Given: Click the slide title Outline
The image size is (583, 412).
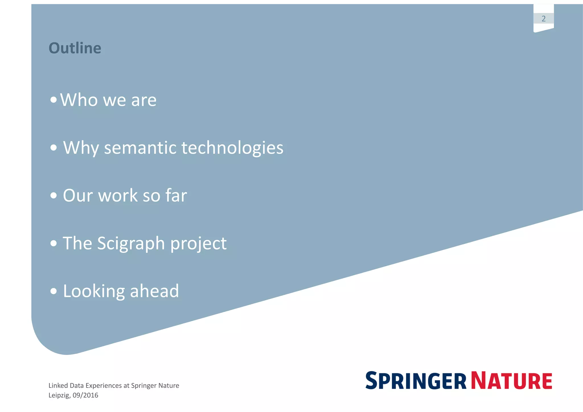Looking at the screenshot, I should [x=75, y=48].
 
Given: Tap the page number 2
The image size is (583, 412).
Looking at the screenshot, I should [x=543, y=19].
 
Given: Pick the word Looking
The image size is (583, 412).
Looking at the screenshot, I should [x=94, y=292].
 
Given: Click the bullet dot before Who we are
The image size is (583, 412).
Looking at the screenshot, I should [x=53, y=100].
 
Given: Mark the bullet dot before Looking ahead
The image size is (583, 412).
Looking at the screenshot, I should [x=53, y=291].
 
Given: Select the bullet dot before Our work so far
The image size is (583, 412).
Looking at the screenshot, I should [x=53, y=196].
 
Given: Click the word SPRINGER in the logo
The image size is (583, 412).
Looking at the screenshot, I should [x=416, y=381].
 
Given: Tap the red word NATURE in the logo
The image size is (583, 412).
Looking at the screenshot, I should [x=512, y=381].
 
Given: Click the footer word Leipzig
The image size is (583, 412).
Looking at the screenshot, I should [x=59, y=395].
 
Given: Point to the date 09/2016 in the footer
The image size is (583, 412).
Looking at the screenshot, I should [x=85, y=395].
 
